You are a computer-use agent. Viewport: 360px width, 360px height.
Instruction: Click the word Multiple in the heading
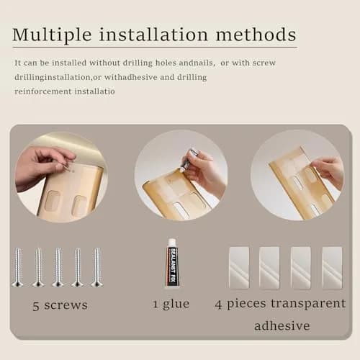point(52,35)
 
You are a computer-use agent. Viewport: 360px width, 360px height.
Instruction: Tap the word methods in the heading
point(256,35)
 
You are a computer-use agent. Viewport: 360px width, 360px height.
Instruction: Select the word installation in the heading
point(153,35)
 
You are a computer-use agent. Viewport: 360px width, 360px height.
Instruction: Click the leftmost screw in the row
point(18,267)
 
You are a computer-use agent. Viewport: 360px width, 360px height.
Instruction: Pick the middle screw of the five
point(58,267)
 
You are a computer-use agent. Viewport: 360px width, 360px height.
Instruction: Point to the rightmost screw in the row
point(97,267)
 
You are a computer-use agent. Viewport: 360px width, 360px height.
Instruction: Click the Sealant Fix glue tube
point(172,263)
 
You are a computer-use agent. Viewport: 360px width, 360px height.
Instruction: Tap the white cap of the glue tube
point(172,242)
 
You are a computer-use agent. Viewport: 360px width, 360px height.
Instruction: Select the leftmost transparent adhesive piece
point(239,268)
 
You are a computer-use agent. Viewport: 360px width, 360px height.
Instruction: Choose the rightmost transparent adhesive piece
point(332,268)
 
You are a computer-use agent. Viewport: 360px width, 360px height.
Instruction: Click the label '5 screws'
point(60,305)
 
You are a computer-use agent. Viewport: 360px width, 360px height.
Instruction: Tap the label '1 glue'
point(171,304)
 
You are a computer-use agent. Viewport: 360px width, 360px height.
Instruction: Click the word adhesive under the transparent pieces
point(282,325)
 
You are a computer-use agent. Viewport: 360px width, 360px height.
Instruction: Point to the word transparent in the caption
point(308,304)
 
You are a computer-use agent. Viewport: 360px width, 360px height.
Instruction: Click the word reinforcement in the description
point(43,91)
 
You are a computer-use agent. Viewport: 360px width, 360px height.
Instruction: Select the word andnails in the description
point(196,63)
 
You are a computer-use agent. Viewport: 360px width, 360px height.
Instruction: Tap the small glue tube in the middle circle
point(189,159)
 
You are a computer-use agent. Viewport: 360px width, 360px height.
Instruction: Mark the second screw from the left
point(38,267)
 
